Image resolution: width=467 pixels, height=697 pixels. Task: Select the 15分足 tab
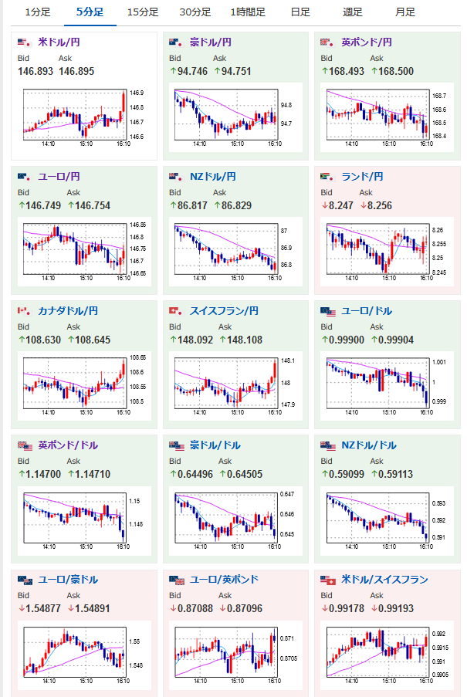[x=143, y=12]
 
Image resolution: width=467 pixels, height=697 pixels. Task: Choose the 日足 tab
[x=300, y=12]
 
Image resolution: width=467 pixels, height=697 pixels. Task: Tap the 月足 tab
[x=404, y=12]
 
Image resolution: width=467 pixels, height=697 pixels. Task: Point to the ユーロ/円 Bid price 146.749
[x=37, y=206]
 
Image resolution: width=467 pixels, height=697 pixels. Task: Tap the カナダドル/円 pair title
[x=68, y=311]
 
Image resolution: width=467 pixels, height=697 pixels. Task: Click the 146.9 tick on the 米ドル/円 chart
[x=137, y=93]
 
